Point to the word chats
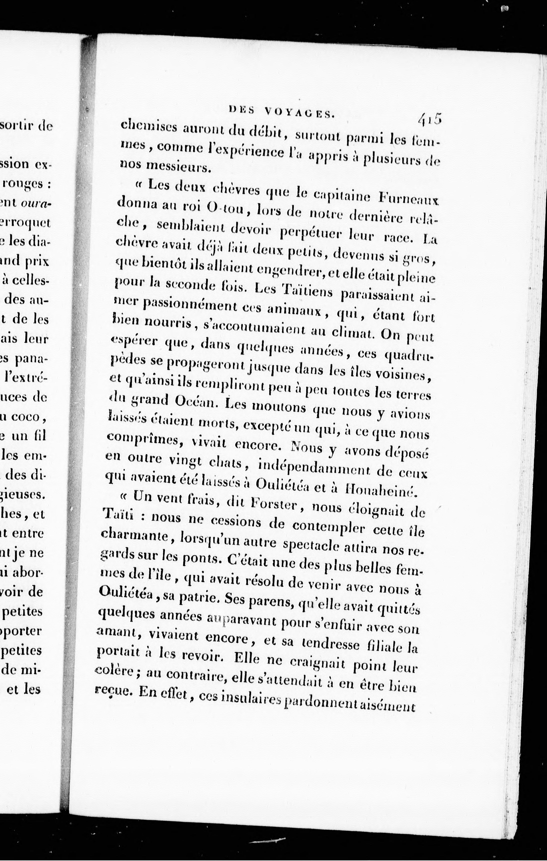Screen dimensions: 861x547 pos(229,464)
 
